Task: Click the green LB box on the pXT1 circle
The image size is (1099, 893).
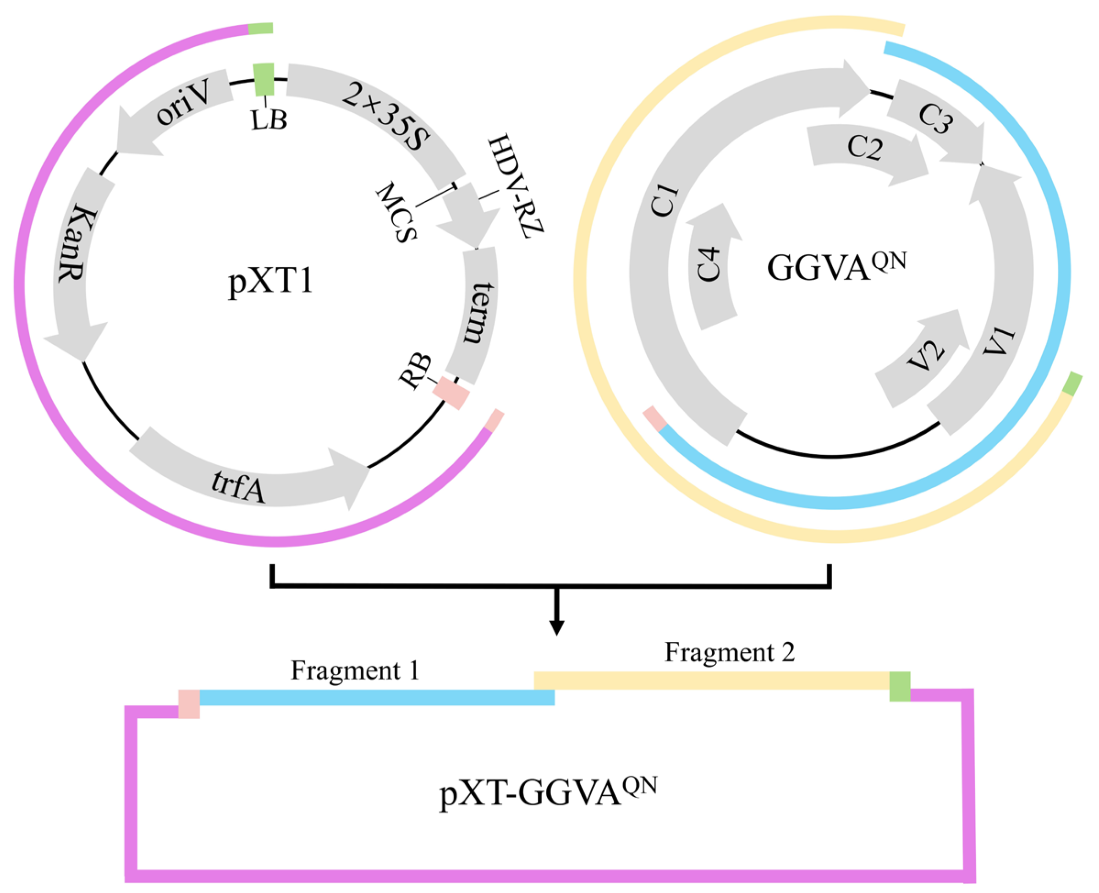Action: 264,79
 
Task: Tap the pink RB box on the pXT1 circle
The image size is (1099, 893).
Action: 451,393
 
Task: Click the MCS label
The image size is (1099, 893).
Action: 396,211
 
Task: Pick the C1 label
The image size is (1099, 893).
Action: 665,201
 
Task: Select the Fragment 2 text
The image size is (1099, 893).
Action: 729,652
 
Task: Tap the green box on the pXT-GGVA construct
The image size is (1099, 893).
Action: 900,686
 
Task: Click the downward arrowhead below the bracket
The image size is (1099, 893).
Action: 556,628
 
